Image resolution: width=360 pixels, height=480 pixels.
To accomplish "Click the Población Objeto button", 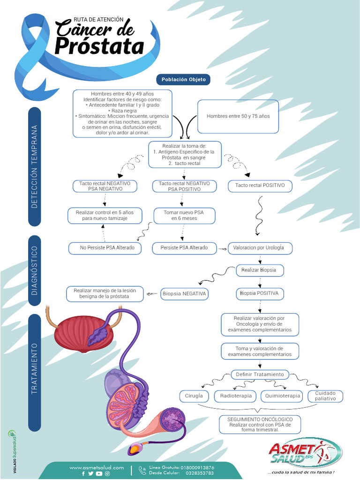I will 183,80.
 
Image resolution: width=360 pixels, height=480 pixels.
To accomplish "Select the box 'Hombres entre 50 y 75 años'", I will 238,116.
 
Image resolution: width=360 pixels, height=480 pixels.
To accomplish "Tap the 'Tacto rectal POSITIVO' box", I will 260,186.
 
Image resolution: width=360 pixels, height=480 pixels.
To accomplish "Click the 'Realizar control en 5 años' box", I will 105,215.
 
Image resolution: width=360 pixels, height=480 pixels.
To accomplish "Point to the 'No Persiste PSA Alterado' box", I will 105,247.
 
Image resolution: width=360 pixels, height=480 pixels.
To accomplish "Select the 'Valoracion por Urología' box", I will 259,247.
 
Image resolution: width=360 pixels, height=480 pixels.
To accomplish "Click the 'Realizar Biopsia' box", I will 259,270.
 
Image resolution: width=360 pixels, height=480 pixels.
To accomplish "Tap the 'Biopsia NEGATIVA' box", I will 184,294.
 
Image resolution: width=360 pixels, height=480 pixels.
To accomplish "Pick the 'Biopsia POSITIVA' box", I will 259,293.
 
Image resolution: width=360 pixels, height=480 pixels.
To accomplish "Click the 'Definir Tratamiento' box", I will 260,375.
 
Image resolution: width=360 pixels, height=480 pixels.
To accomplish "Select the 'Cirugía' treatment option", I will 194,396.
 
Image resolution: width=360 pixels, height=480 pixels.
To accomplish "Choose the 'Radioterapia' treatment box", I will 236,396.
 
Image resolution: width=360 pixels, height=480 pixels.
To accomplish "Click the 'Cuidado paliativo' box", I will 325,396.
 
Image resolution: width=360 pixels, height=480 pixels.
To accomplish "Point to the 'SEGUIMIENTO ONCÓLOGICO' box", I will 260,424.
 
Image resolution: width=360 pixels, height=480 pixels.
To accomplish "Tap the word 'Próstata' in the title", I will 99,46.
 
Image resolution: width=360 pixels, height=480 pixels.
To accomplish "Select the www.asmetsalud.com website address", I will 97,467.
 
